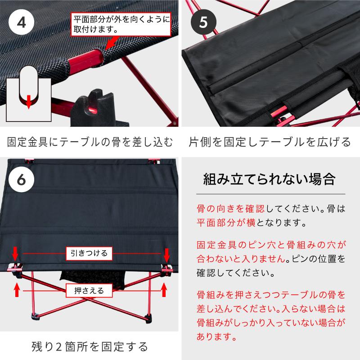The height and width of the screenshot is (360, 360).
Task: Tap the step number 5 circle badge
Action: (203, 22)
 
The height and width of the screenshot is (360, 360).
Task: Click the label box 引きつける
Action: (89, 253)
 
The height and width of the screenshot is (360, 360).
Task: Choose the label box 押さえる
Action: (89, 291)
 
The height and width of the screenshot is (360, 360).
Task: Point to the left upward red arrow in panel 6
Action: (17, 289)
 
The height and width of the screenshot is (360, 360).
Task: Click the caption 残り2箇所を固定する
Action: (90, 346)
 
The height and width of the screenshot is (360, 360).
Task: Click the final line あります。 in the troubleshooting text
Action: (216, 336)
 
